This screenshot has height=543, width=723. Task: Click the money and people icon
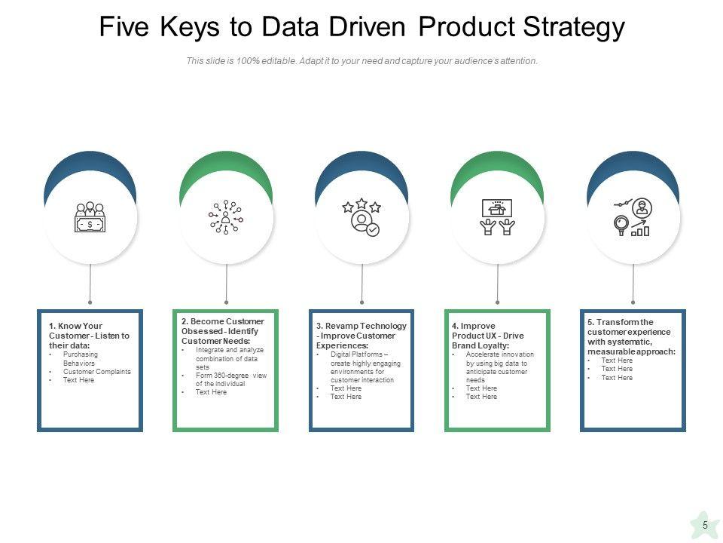(x=90, y=217)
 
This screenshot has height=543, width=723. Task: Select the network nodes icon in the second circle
(x=226, y=217)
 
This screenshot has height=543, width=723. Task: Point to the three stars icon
(x=362, y=217)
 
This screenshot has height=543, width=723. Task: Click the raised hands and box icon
(x=497, y=217)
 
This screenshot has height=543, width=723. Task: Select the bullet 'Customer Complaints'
(x=96, y=372)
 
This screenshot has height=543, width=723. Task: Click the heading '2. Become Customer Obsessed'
(x=223, y=331)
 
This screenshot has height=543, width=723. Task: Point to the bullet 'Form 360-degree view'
(x=230, y=379)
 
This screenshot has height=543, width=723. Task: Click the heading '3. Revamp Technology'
(x=361, y=336)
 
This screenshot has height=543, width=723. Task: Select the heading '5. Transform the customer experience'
(x=631, y=336)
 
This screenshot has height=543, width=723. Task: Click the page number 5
(x=705, y=525)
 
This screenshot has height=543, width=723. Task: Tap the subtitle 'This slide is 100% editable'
(x=361, y=62)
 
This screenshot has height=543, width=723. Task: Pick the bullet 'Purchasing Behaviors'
(x=80, y=358)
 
